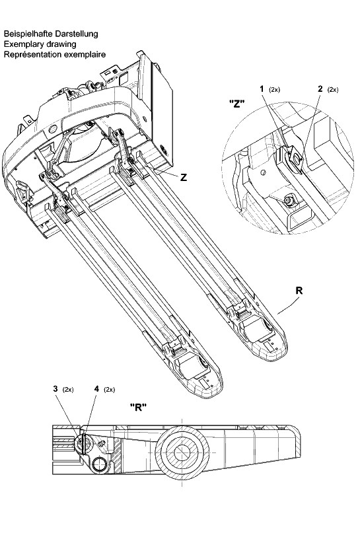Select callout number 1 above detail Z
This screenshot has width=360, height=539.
[x=262, y=89]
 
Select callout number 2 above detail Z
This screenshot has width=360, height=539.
[x=320, y=89]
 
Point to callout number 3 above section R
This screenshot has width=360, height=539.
[x=55, y=389]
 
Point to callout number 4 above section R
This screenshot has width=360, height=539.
[x=97, y=389]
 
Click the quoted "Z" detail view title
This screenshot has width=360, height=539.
[x=237, y=104]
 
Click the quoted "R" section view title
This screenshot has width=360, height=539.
[x=138, y=408]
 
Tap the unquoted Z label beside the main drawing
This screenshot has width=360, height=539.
[x=184, y=178]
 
